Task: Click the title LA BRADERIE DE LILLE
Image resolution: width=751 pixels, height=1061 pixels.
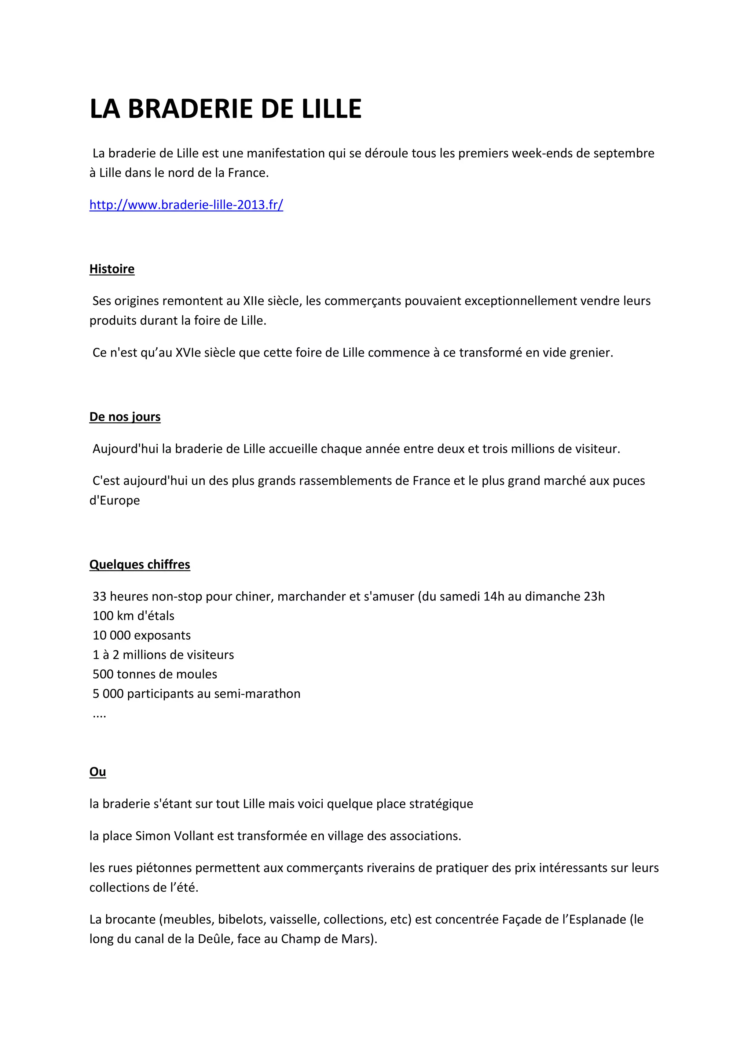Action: [x=225, y=109]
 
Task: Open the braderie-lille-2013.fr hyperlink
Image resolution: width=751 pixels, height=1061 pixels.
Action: [x=186, y=205]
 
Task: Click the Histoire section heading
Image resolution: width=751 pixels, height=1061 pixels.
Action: [x=112, y=269]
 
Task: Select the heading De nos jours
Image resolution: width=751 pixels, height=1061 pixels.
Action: [x=125, y=417]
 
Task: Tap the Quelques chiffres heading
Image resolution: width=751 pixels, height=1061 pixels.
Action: [x=140, y=564]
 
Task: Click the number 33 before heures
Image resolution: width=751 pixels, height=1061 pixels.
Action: [x=99, y=596]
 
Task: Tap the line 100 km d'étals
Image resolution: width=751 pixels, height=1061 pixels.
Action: [x=133, y=615]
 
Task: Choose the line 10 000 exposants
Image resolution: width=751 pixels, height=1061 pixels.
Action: [x=142, y=635]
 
